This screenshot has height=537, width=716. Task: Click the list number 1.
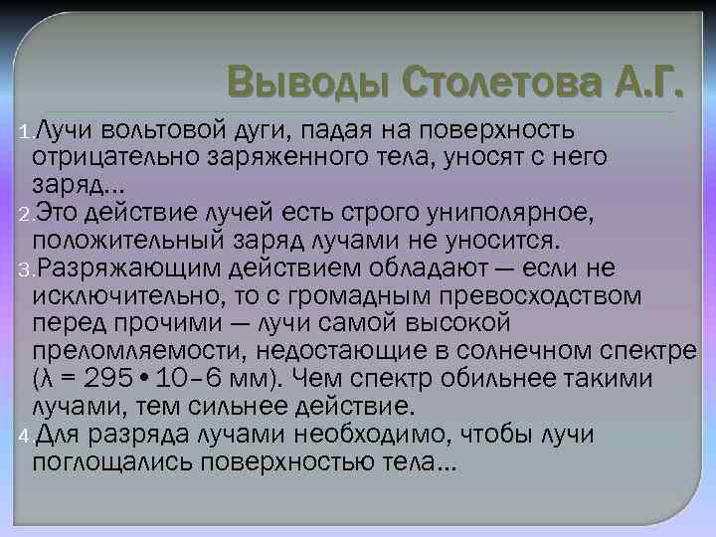[x=24, y=134]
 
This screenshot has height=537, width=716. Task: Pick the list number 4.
[x=24, y=435]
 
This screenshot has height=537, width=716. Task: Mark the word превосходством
[x=529, y=295]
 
